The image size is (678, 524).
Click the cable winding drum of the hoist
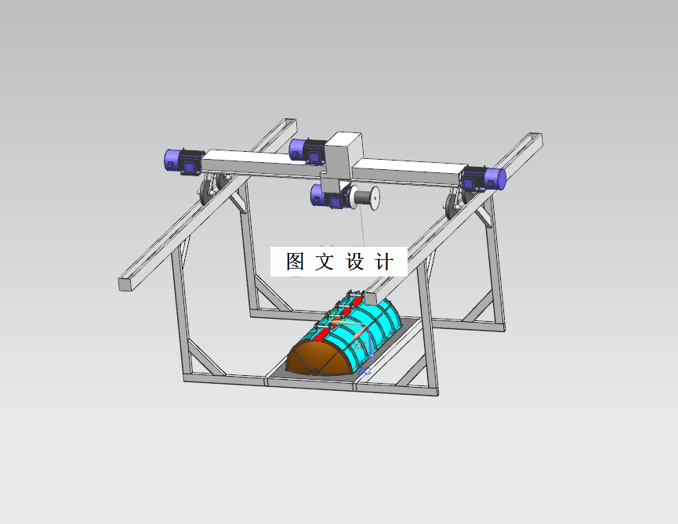point(365,197)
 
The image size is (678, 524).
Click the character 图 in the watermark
point(295,262)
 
